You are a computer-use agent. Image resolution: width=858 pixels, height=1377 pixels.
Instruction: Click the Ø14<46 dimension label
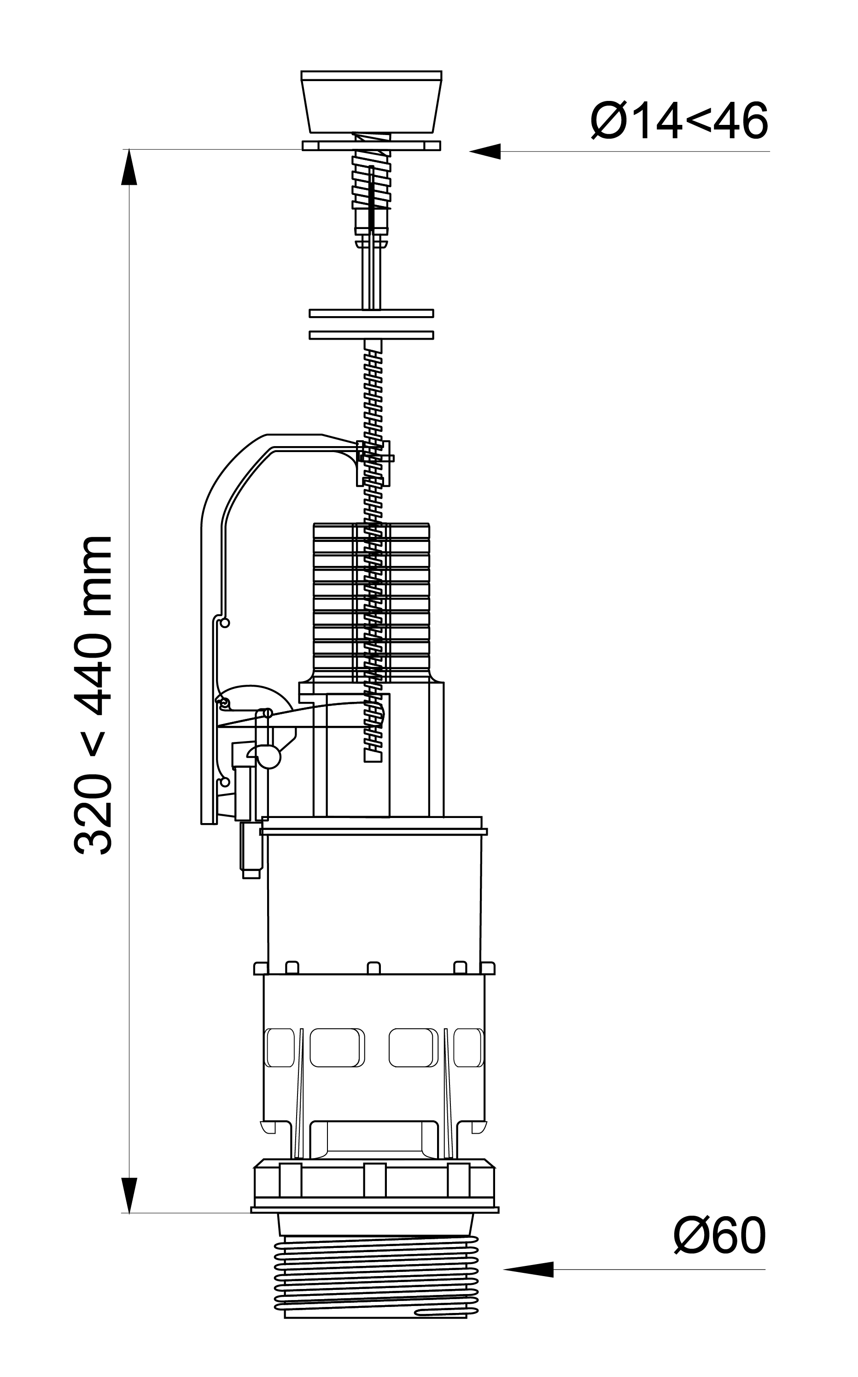click(x=679, y=120)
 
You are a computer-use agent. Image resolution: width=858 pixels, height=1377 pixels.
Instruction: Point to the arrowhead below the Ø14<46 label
click(x=484, y=152)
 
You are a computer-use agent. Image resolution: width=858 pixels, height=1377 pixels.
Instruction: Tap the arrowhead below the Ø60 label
click(x=528, y=1270)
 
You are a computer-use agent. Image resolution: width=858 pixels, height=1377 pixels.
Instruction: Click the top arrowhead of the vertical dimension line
click(x=129, y=167)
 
